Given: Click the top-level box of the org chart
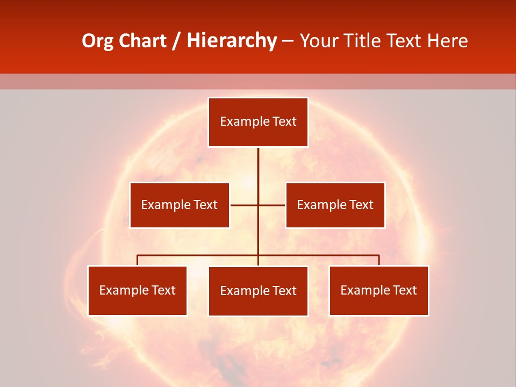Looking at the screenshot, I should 258,122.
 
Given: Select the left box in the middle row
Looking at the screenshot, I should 180,205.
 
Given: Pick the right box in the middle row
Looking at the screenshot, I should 335,205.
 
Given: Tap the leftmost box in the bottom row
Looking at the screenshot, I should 137,290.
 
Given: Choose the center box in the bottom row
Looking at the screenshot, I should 258,291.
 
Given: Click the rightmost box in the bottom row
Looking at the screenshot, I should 378,290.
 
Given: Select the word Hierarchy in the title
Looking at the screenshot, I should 232,41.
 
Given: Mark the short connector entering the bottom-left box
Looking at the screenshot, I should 137,260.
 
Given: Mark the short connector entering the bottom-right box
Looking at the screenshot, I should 379,260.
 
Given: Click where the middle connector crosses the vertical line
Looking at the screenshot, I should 258,205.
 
